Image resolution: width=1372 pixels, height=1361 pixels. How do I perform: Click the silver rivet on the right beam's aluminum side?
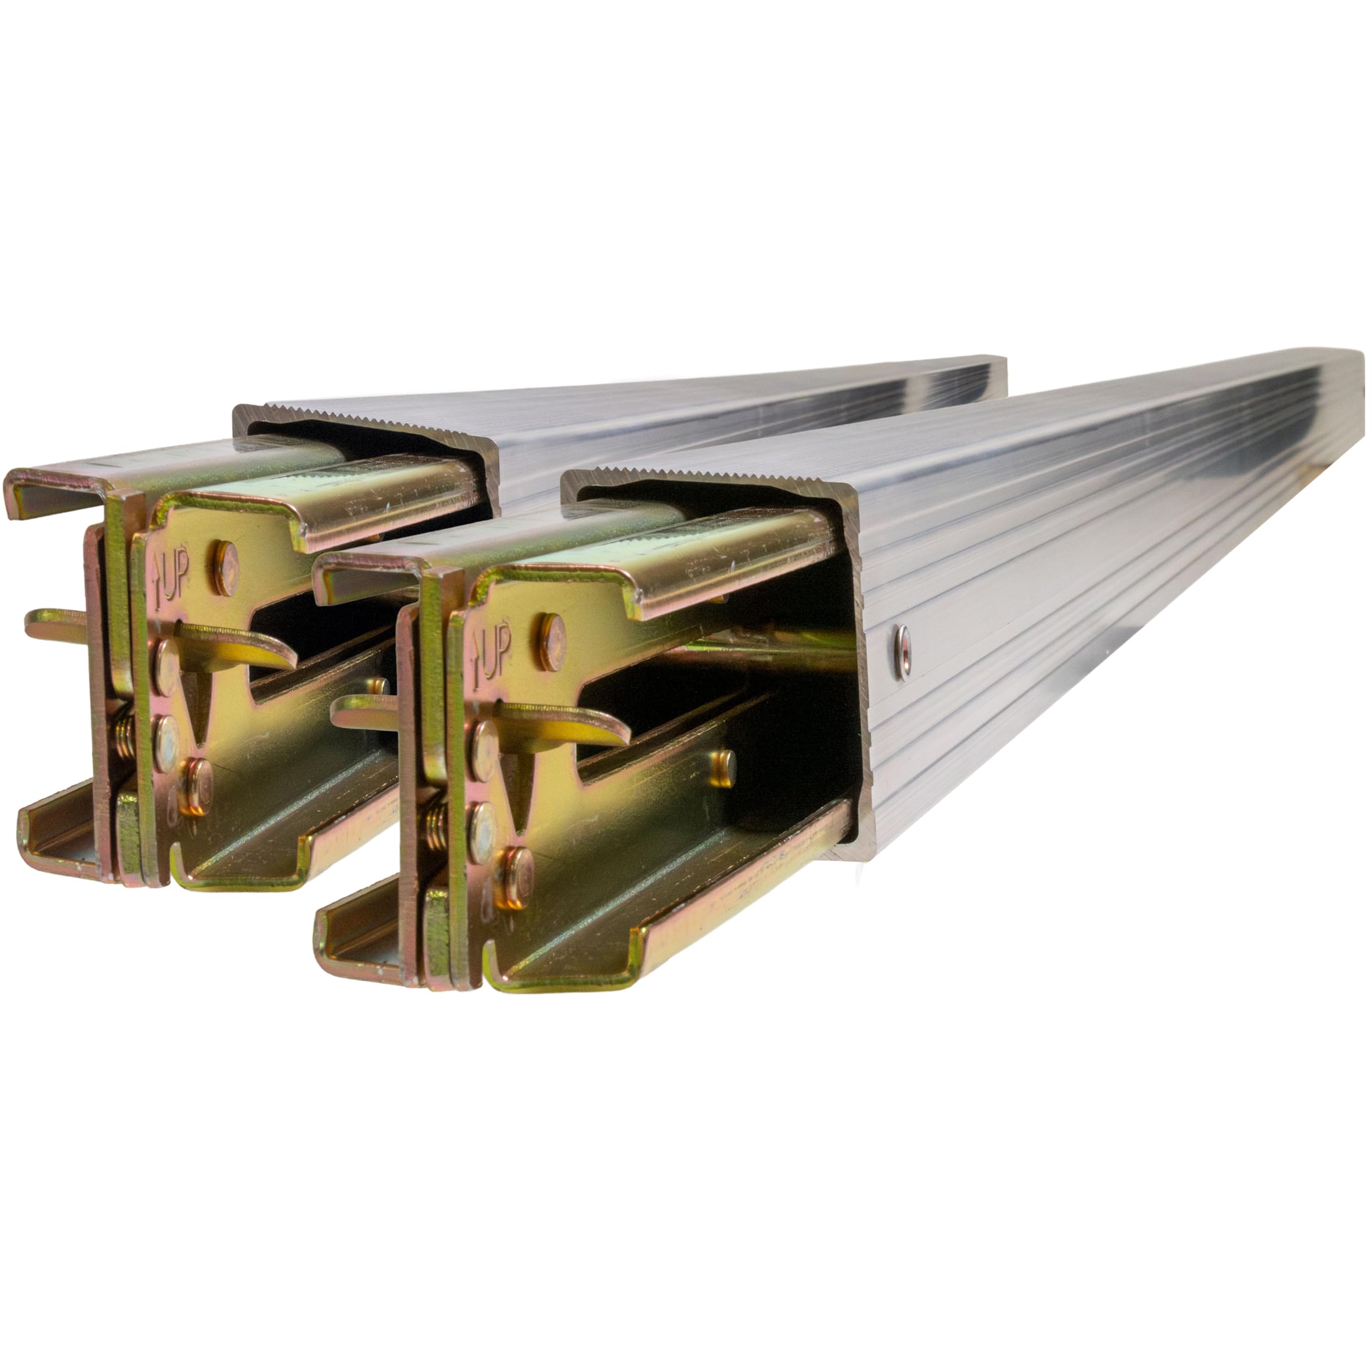click(x=903, y=651)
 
